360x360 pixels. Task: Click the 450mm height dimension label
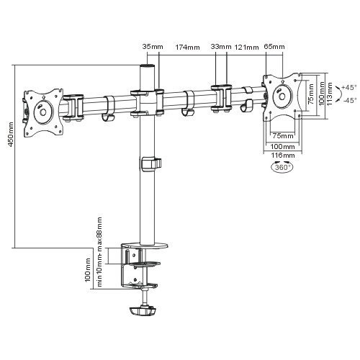pyautogui.click(x=11, y=135)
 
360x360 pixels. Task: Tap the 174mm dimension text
pyautogui.click(x=187, y=47)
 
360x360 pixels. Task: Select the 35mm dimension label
pyautogui.click(x=153, y=46)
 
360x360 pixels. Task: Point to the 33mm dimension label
pyautogui.click(x=221, y=46)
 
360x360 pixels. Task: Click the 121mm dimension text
pyautogui.click(x=247, y=47)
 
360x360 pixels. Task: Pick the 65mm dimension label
pyautogui.click(x=274, y=46)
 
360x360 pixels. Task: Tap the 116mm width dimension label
pyautogui.click(x=283, y=156)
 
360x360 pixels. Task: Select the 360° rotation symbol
pyautogui.click(x=282, y=167)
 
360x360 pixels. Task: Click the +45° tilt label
pyautogui.click(x=349, y=87)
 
